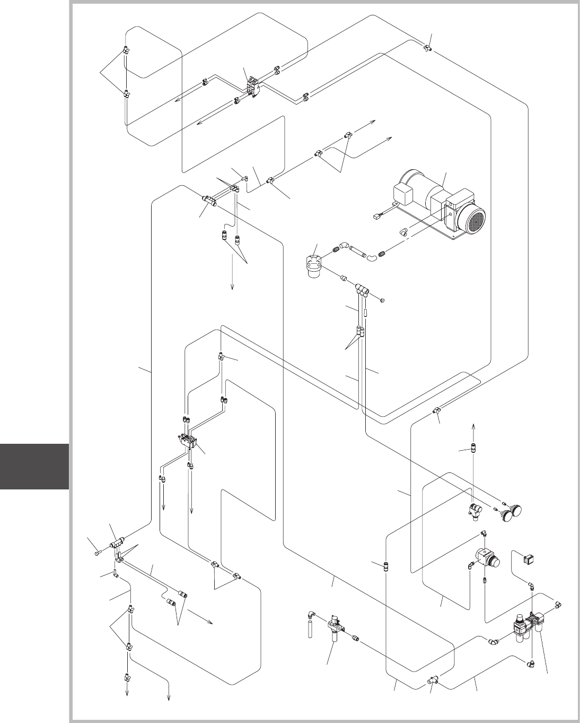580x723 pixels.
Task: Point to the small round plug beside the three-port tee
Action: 383,300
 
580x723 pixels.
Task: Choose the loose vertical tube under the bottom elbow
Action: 310,628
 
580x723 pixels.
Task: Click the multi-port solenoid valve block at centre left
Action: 189,441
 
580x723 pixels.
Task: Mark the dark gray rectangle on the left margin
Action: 34,467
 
